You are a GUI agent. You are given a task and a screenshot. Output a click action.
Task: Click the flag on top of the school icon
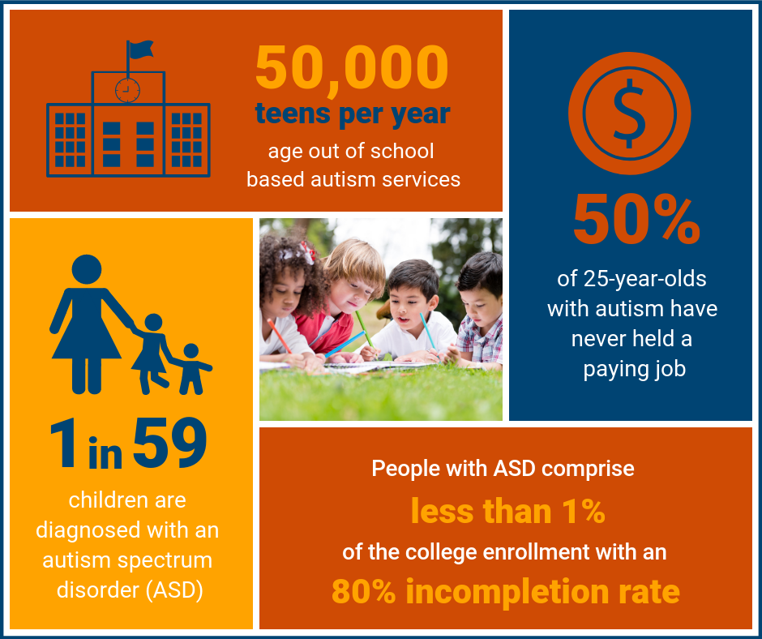pyautogui.click(x=141, y=49)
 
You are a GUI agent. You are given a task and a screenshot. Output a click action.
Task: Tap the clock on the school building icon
pyautogui.click(x=128, y=90)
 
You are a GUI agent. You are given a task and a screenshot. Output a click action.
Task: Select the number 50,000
pyautogui.click(x=352, y=67)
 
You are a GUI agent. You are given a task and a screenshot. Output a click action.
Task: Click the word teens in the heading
pyautogui.click(x=293, y=114)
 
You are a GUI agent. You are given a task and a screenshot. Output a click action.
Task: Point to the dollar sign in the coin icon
pyautogui.click(x=629, y=114)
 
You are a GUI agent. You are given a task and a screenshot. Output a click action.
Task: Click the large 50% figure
pyautogui.click(x=636, y=219)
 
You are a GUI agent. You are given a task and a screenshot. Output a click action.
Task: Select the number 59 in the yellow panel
pyautogui.click(x=169, y=443)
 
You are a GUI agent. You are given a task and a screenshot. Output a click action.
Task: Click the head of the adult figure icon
pyautogui.click(x=87, y=269)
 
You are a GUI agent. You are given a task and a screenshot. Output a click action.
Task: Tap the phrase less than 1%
pyautogui.click(x=507, y=511)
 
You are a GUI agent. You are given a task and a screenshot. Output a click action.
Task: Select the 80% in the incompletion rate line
pyautogui.click(x=363, y=591)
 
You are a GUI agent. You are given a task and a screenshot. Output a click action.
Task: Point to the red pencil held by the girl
pyautogui.click(x=280, y=336)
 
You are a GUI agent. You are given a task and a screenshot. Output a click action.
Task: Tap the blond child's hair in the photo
pyautogui.click(x=355, y=261)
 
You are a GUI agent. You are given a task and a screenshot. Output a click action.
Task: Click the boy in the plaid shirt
pyautogui.click(x=478, y=311)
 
